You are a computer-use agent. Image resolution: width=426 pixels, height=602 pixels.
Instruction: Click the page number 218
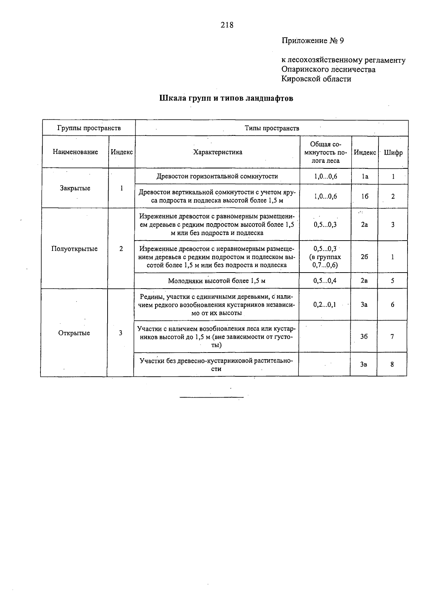point(227,25)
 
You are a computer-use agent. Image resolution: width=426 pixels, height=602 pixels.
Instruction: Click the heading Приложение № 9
point(313,41)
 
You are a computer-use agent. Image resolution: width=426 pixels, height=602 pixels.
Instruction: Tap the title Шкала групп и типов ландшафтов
point(226,98)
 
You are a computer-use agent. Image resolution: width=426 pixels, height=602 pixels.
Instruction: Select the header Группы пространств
point(89,128)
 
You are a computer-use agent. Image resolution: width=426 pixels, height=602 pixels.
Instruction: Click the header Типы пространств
point(272,128)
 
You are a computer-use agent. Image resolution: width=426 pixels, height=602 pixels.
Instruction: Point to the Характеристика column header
point(218,152)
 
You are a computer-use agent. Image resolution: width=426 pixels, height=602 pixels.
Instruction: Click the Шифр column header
point(393,152)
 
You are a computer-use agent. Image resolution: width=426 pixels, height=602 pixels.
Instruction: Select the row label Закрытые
point(75,188)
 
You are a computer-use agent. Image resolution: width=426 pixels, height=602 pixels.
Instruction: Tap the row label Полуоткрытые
point(74,249)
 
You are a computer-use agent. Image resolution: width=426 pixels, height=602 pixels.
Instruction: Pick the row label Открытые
point(74,333)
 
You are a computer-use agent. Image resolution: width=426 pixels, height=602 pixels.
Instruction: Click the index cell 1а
point(365,176)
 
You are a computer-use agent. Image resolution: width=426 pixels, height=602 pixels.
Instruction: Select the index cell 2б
point(364,257)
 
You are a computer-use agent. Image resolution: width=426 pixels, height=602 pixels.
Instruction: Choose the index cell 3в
point(364,364)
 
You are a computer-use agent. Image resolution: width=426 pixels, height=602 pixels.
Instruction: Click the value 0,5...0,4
point(325,281)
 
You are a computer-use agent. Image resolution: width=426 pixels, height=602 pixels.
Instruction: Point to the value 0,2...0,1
point(324,305)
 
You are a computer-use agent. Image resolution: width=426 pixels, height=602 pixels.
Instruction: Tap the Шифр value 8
point(392,364)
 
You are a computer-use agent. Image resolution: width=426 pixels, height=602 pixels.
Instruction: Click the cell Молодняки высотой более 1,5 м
point(217,281)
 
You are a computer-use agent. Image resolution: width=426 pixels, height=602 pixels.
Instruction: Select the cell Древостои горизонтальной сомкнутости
point(217,176)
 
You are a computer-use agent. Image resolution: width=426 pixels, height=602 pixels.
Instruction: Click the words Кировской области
point(316,79)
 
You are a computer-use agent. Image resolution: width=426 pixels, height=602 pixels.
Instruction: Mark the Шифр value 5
point(393,281)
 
